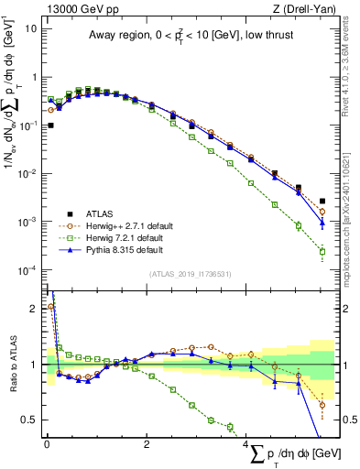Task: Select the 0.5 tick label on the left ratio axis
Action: tap(28, 420)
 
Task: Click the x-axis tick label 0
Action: tap(47, 444)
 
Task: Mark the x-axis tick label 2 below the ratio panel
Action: tap(147, 444)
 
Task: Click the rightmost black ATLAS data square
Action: tap(322, 202)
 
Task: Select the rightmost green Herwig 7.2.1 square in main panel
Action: tap(322, 251)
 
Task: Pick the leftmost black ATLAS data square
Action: tap(50, 125)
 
